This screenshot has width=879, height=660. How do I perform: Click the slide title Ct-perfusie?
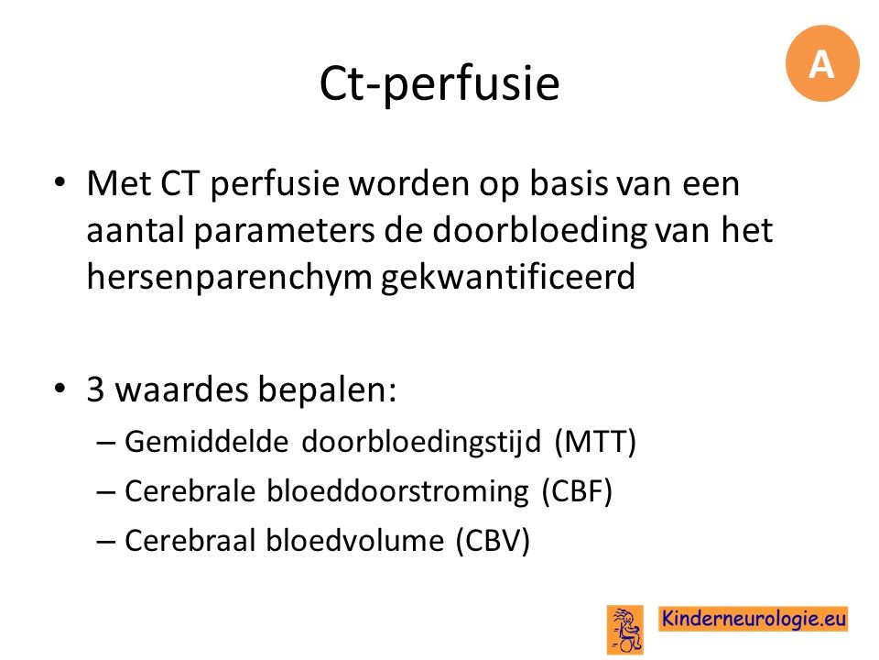click(439, 83)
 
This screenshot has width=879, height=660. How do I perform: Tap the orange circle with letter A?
click(822, 63)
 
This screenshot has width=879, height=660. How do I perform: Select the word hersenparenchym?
click(229, 277)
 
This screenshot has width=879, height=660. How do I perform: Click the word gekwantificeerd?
click(508, 277)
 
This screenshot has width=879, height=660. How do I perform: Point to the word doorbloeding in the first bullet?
click(540, 230)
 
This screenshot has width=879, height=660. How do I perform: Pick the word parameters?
click(284, 231)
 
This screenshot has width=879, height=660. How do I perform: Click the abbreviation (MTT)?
click(595, 442)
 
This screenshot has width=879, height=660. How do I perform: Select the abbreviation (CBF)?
click(577, 491)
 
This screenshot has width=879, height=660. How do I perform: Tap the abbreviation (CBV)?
click(493, 541)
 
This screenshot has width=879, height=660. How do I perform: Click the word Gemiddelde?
click(206, 442)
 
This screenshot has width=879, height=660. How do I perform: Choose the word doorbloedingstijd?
click(421, 443)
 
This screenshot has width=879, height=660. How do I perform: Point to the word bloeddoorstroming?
click(397, 491)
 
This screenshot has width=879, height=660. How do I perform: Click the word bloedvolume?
click(354, 541)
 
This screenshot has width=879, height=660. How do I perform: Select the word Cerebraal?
click(190, 541)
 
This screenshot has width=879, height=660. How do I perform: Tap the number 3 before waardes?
click(95, 389)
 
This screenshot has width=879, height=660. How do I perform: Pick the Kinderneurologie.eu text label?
click(754, 619)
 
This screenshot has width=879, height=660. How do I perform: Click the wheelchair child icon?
click(625, 630)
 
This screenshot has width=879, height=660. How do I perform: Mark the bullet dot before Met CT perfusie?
click(60, 183)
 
